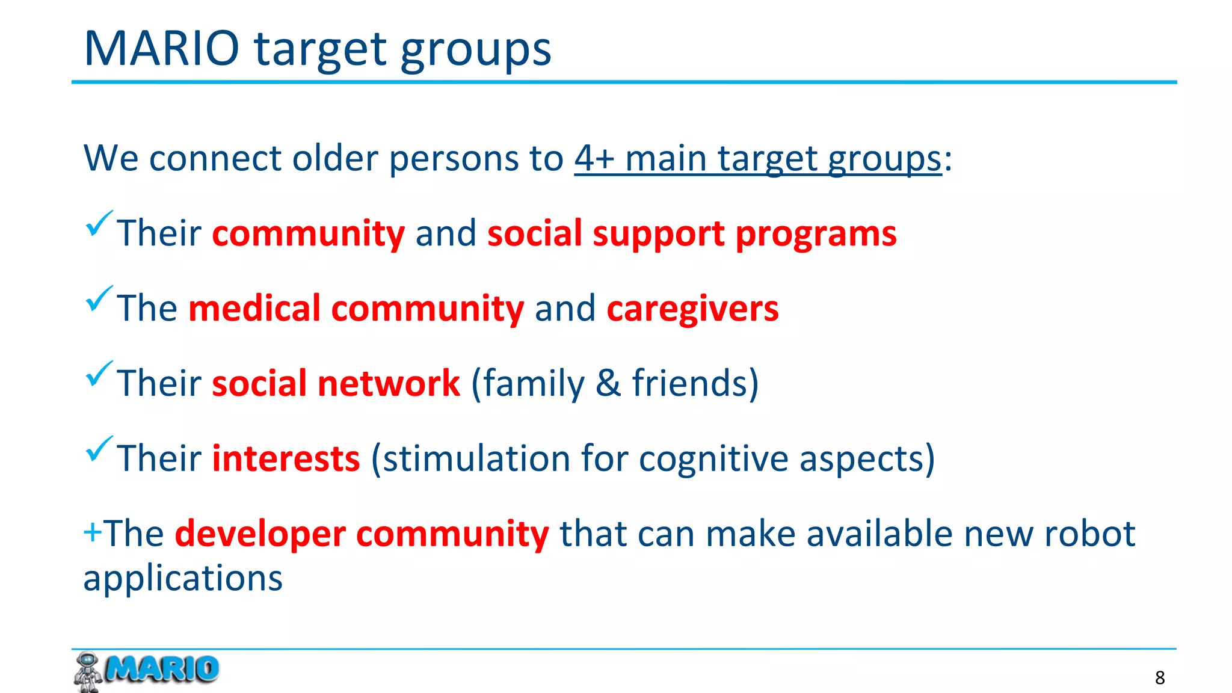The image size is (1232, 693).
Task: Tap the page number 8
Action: pyautogui.click(x=1160, y=678)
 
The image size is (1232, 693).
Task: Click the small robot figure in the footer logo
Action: pyautogui.click(x=88, y=671)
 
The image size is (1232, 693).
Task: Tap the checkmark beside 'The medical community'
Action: pyautogui.click(x=99, y=299)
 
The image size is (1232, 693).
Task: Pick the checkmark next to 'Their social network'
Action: pyautogui.click(x=99, y=374)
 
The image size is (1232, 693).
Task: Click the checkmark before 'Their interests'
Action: pyautogui.click(x=99, y=449)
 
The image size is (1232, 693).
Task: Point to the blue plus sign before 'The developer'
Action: pyautogui.click(x=92, y=533)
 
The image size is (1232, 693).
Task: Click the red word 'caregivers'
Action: pyautogui.click(x=692, y=309)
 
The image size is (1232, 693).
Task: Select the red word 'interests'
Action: pyautogui.click(x=286, y=458)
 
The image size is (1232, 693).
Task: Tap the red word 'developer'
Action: pyautogui.click(x=260, y=534)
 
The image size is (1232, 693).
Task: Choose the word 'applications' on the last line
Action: pyautogui.click(x=183, y=579)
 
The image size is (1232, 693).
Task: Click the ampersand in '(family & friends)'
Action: pyautogui.click(x=608, y=383)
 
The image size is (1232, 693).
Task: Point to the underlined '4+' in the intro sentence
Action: pyautogui.click(x=594, y=159)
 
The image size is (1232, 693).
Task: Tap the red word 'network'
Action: pyautogui.click(x=389, y=383)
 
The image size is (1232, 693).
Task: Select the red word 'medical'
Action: pyautogui.click(x=254, y=309)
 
